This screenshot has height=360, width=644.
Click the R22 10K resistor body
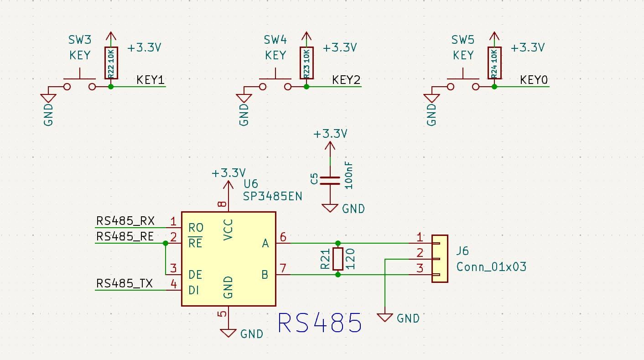coord(111,63)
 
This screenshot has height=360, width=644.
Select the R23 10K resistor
coord(307,63)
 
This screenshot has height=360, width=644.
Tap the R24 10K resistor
coord(494,63)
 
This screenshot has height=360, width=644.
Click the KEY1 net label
coord(151,80)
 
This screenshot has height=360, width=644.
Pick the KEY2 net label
coord(346,80)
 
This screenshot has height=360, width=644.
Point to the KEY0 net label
coord(534,80)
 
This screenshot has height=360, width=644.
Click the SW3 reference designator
coord(80,40)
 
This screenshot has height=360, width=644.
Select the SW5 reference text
coord(463,40)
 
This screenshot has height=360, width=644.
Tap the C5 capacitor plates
coord(330,181)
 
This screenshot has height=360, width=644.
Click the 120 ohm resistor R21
coord(338,259)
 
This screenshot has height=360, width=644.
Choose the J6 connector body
coord(440,259)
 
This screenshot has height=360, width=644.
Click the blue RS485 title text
coord(320,323)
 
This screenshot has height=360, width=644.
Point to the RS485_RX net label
coord(125,221)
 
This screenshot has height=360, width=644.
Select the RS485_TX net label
coord(125,283)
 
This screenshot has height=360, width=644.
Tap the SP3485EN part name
coord(273,196)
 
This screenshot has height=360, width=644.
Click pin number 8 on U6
coord(222,204)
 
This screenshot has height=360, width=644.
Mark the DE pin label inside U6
coord(195,275)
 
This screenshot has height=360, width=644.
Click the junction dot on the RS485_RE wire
coord(165,243)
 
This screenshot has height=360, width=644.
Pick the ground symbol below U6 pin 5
coord(229,333)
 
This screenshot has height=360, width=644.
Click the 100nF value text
coord(348,175)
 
